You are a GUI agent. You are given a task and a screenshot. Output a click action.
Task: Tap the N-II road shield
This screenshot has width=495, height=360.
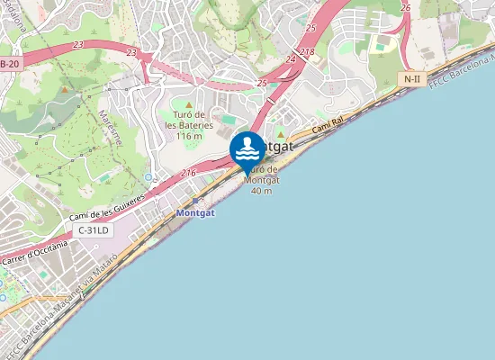(x=412, y=79)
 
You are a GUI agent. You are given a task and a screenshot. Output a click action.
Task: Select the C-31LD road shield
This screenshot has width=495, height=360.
(x=94, y=231)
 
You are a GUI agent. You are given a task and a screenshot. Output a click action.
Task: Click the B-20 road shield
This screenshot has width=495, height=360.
(x=10, y=64)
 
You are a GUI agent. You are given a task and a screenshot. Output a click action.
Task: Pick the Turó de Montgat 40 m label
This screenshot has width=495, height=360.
(x=262, y=179)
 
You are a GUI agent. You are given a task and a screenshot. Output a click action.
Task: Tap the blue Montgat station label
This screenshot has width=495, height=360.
(x=196, y=214)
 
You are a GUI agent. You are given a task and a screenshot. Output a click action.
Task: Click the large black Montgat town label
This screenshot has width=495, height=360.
(x=275, y=147)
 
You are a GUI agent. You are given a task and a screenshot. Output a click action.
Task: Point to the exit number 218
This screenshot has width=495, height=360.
(x=307, y=53)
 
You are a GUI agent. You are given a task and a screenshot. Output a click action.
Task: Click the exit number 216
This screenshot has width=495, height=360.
(x=188, y=172)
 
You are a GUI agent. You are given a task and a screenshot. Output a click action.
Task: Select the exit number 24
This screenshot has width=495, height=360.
(x=291, y=59)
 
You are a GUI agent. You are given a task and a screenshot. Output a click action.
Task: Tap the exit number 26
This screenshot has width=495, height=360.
(x=406, y=8)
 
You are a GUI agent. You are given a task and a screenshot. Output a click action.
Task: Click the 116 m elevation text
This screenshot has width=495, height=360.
(x=189, y=136)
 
